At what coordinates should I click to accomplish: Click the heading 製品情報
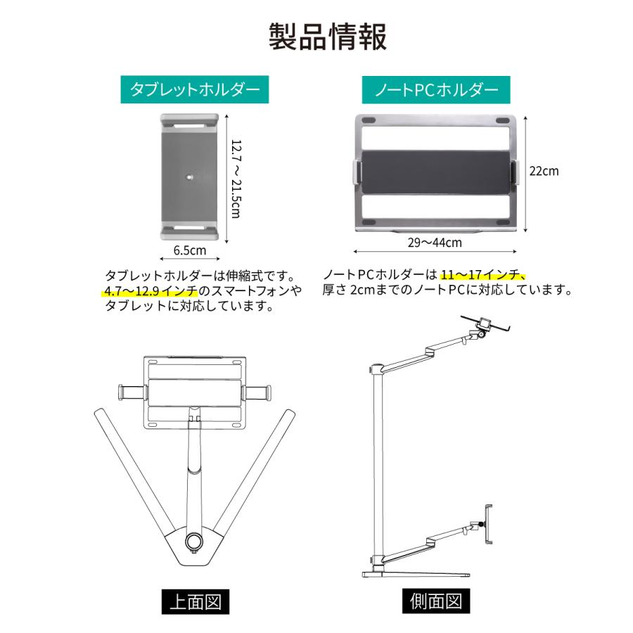click(x=328, y=37)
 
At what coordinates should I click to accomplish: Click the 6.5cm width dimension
click(x=189, y=250)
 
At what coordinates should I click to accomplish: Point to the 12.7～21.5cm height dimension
click(x=236, y=178)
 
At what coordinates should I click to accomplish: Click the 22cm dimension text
click(x=544, y=171)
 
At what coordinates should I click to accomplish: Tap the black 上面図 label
click(x=194, y=602)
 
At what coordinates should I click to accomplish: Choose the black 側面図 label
click(x=435, y=602)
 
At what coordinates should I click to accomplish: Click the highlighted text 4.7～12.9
click(x=136, y=290)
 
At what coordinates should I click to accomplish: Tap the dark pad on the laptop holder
click(x=436, y=171)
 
